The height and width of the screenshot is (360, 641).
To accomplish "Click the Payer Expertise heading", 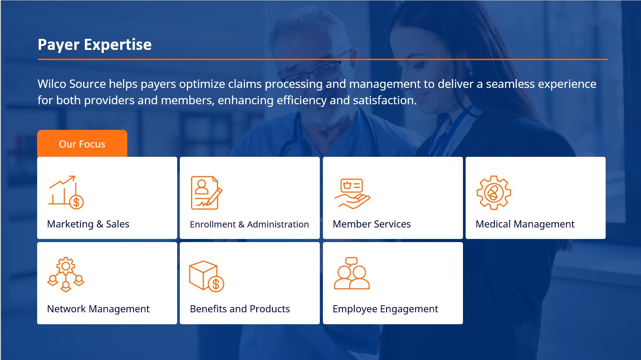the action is click(x=95, y=45).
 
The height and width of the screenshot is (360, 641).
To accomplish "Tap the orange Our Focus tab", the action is click(x=82, y=144).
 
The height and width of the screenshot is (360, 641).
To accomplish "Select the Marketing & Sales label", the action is click(x=88, y=224).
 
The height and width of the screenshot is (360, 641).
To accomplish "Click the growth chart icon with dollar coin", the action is click(x=66, y=192).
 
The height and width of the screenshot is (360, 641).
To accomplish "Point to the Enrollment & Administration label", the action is click(x=249, y=224).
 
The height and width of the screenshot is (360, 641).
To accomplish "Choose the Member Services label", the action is click(x=372, y=224).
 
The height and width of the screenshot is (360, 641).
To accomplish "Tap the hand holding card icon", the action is click(x=352, y=194).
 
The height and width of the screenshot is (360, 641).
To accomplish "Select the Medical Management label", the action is click(x=525, y=224).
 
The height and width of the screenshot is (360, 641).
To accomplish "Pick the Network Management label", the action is click(x=98, y=309).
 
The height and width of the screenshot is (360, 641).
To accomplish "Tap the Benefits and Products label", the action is click(x=240, y=309).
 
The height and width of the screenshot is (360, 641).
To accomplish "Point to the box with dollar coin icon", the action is click(x=207, y=276).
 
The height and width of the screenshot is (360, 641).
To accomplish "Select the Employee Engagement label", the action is click(x=386, y=309).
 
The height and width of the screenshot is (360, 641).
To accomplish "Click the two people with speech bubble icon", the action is click(x=352, y=273).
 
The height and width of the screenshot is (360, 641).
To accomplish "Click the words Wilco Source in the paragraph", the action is click(x=72, y=84).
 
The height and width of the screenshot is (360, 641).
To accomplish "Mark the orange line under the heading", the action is click(x=323, y=60).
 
